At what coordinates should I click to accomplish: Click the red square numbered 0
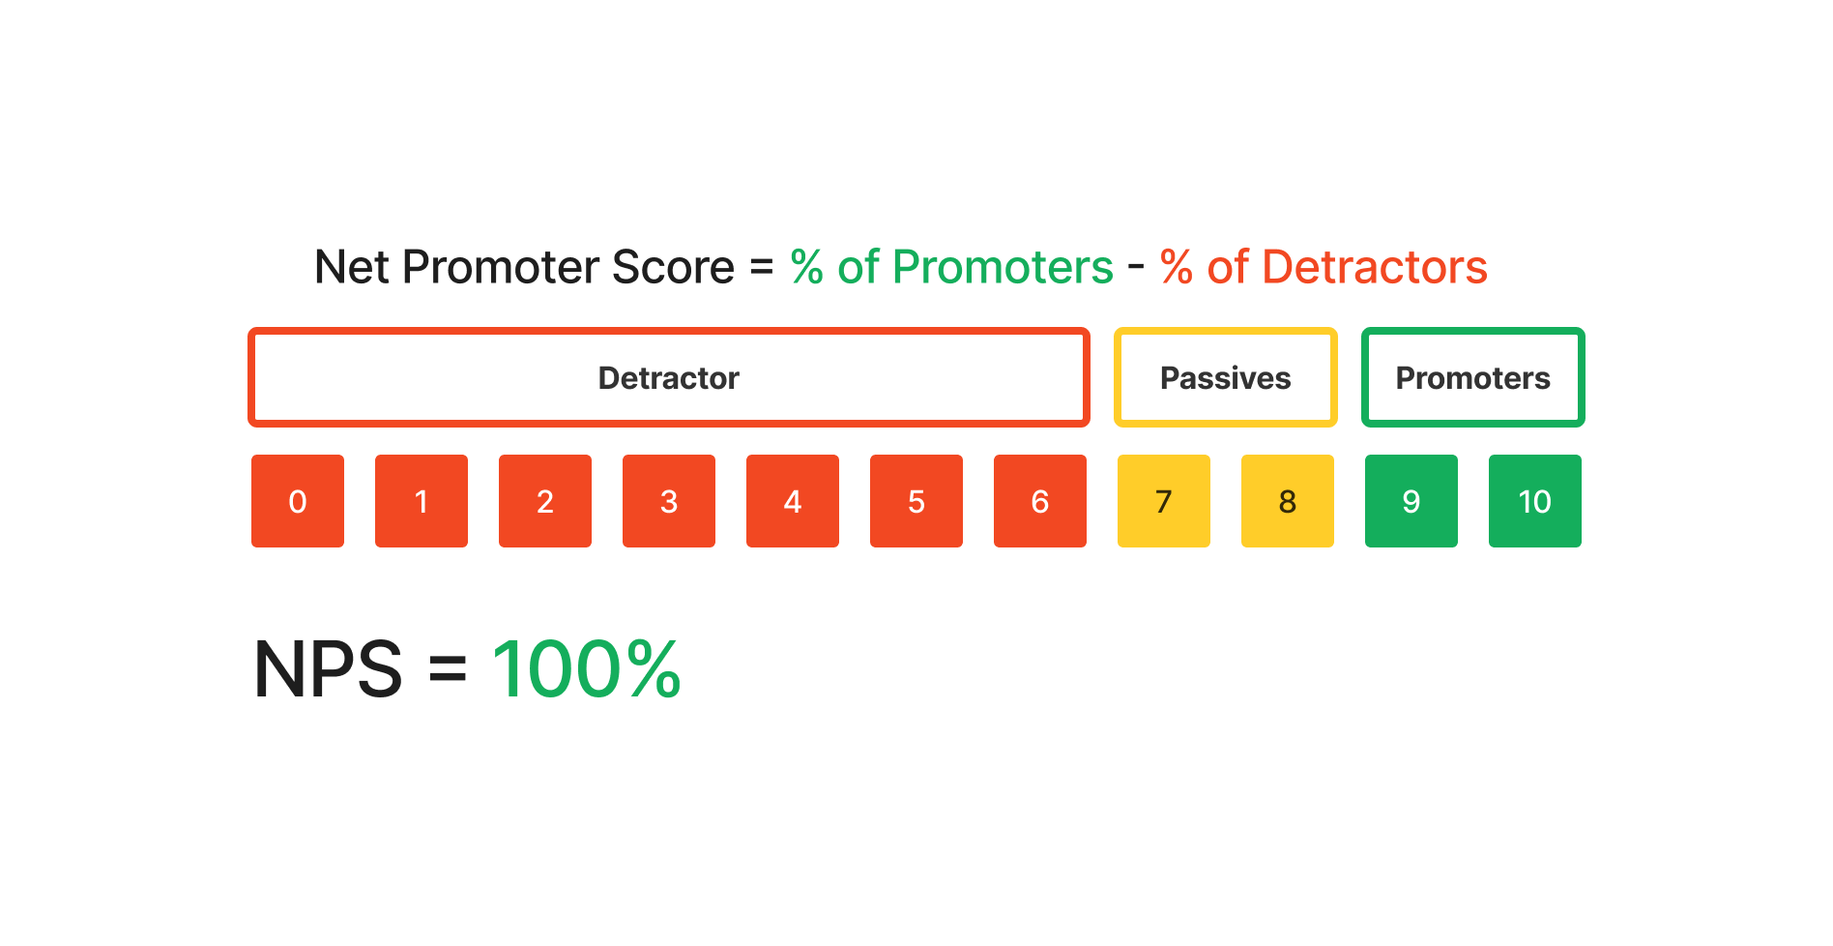click(298, 501)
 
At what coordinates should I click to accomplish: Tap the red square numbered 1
click(422, 501)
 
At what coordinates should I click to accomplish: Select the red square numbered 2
click(545, 501)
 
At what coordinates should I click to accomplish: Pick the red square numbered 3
click(669, 501)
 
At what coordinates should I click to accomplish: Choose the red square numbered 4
click(793, 501)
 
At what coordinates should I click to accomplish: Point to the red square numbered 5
click(916, 501)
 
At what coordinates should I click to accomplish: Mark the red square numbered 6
click(1040, 501)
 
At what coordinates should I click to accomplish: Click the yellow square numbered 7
click(1164, 501)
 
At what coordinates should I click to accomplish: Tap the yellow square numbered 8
click(1288, 501)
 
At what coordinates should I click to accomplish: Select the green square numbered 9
click(1411, 501)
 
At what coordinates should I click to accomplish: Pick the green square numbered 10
click(1535, 501)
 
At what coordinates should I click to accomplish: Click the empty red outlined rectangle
click(669, 377)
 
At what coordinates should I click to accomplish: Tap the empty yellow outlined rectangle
click(1226, 377)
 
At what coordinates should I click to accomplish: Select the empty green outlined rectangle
click(1473, 377)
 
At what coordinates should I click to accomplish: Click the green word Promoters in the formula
click(1003, 268)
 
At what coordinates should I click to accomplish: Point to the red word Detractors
click(1374, 268)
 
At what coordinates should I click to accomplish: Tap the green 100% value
click(587, 669)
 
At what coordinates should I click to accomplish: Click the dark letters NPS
click(328, 669)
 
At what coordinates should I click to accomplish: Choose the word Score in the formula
click(673, 268)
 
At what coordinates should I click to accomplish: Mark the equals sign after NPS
click(448, 669)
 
